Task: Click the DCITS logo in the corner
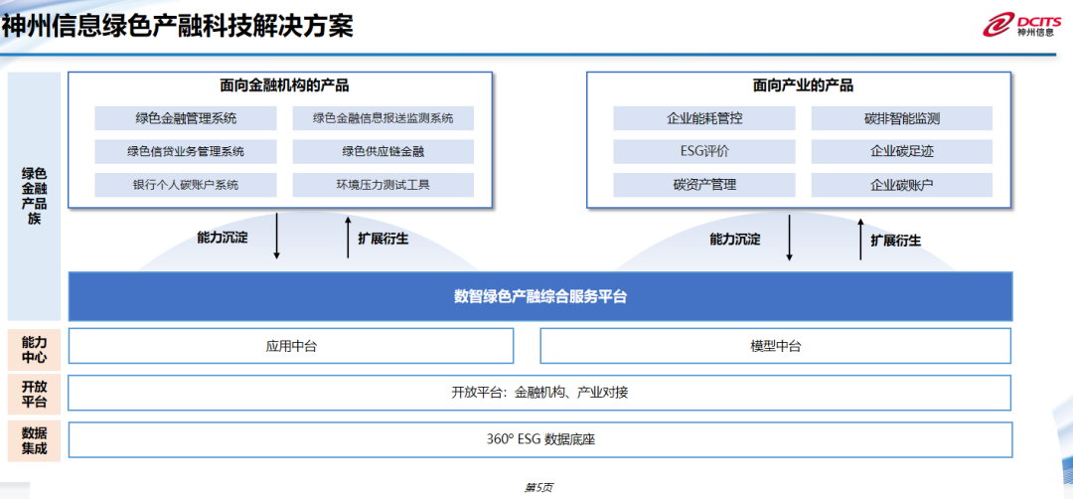tap(1022, 25)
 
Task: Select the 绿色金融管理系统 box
tap(186, 118)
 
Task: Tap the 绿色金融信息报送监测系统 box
tap(383, 118)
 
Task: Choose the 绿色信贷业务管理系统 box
tap(186, 152)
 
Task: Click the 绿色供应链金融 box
tap(383, 152)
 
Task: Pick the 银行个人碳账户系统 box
tap(186, 185)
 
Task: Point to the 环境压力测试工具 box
tap(383, 185)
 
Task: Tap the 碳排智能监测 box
tap(902, 118)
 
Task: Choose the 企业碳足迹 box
tap(902, 152)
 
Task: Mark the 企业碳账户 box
tap(902, 185)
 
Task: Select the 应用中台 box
tap(291, 346)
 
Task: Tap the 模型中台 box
tap(775, 346)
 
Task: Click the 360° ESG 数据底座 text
tap(539, 438)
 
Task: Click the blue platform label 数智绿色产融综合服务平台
tap(539, 296)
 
